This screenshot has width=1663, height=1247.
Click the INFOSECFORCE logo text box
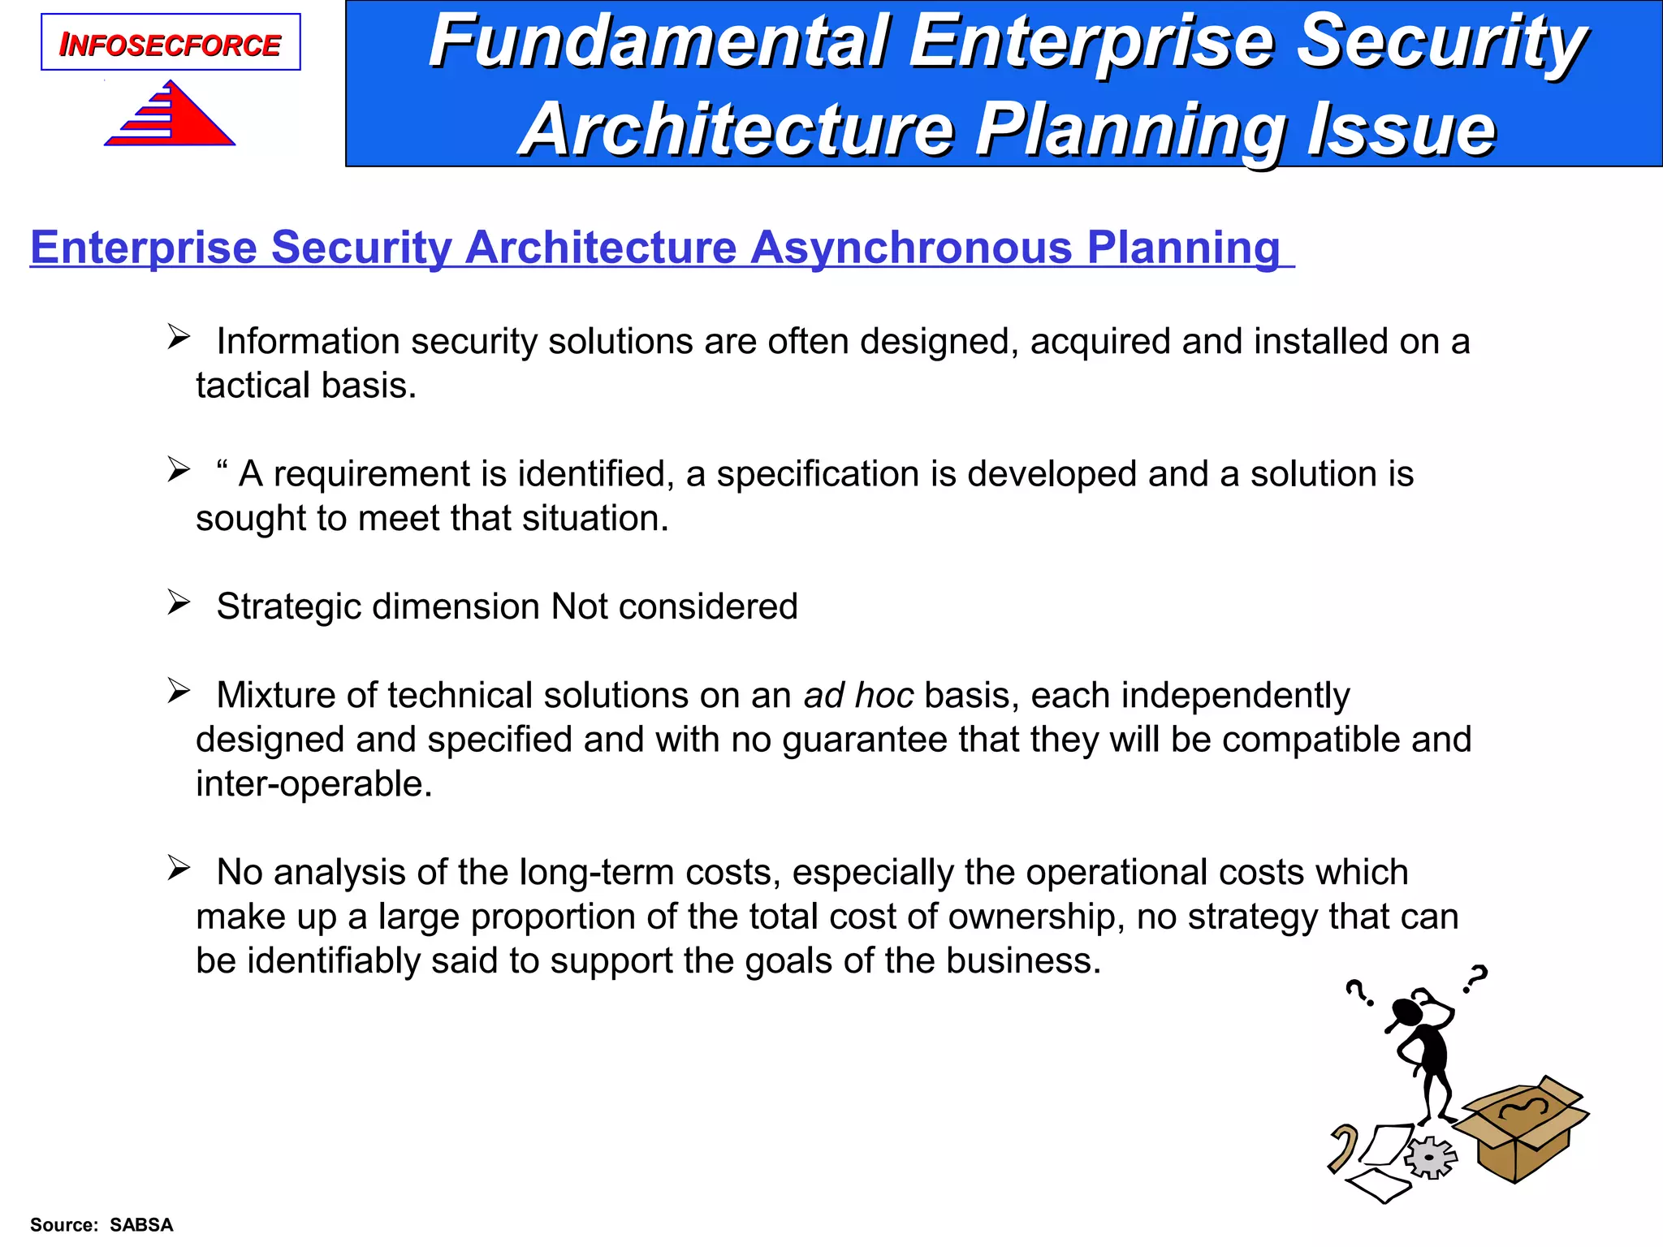click(x=171, y=43)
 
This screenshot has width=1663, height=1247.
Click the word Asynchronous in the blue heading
click(x=911, y=247)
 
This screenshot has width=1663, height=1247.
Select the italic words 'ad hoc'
click(x=858, y=696)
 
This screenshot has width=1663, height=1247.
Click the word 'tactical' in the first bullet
click(x=253, y=386)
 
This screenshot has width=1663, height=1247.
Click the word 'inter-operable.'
click(x=314, y=784)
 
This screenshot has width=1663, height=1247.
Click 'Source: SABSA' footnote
click(x=102, y=1224)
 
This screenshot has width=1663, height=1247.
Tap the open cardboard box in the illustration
click(x=1520, y=1133)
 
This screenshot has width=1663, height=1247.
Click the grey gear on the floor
click(x=1431, y=1157)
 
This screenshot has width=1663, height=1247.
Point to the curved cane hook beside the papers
click(x=1344, y=1146)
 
